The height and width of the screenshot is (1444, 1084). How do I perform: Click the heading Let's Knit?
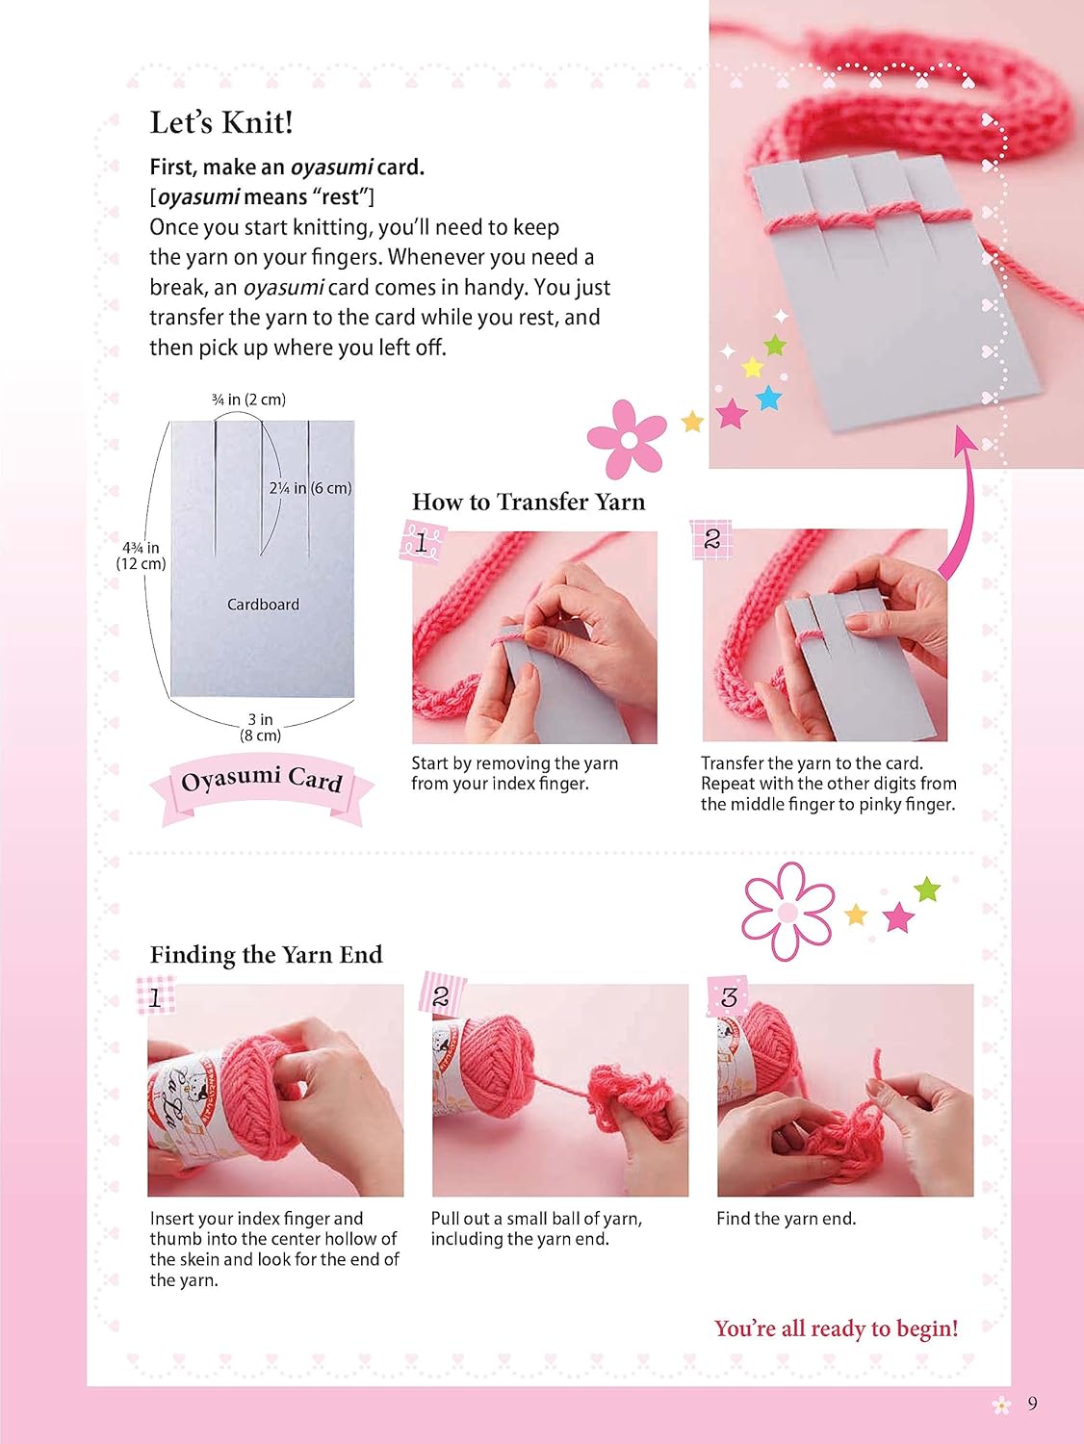click(221, 122)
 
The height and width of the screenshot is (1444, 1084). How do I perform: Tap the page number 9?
click(1032, 1404)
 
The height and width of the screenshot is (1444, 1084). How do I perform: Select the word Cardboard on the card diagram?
click(263, 604)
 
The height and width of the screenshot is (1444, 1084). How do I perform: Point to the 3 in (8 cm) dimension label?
click(261, 727)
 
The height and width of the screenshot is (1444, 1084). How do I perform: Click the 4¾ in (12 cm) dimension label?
click(141, 555)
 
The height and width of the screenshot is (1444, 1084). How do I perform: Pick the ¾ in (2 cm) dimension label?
click(248, 400)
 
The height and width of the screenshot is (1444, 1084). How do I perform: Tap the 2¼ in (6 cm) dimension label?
click(310, 488)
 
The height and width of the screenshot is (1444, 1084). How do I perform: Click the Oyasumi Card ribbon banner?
click(262, 786)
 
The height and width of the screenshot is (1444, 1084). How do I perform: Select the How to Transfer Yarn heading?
click(529, 502)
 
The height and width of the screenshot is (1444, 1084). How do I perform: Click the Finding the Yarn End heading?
click(266, 955)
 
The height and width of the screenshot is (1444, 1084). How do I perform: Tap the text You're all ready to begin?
click(836, 1328)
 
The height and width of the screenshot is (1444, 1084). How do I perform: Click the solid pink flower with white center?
click(627, 438)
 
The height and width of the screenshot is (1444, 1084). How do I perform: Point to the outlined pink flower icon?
click(788, 911)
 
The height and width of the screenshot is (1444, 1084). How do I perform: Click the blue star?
click(768, 398)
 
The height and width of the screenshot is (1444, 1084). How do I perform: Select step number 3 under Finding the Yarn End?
click(728, 997)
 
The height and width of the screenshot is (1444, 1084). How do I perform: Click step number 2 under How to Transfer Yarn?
click(711, 539)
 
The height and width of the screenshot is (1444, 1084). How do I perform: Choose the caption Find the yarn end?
click(786, 1219)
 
